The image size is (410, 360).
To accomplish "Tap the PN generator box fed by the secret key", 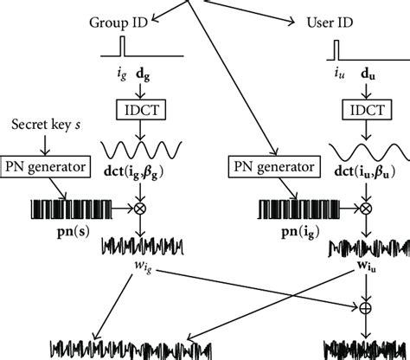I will [x=53, y=164].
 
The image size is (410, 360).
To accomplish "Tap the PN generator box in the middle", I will [x=268, y=164].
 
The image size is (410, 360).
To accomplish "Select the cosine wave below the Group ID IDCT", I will [x=138, y=145].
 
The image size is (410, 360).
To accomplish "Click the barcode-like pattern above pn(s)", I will [x=64, y=209].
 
